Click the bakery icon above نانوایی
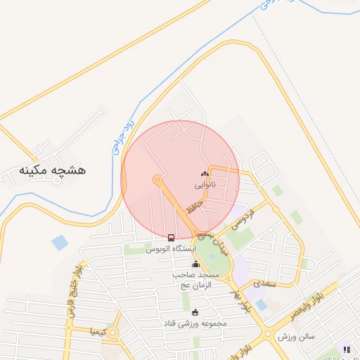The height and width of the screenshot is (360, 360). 205,173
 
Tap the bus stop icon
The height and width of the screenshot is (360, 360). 172,238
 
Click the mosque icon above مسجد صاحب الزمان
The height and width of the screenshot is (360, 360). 195,264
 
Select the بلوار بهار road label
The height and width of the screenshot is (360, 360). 244,299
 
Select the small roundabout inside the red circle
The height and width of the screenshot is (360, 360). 157,179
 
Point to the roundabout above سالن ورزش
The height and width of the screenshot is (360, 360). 268,333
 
